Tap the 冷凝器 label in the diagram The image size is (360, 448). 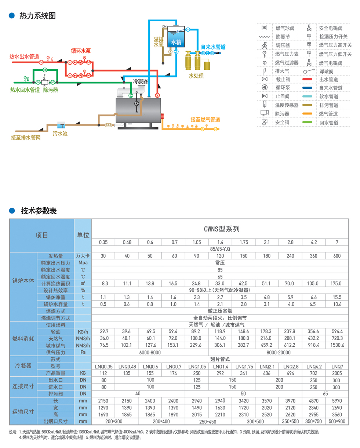(140, 81)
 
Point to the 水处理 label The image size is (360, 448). (196, 76)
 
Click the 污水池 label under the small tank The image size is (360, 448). (60, 134)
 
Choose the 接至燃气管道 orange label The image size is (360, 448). (206, 119)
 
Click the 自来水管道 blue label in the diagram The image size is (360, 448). (213, 47)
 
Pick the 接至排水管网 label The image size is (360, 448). (26, 138)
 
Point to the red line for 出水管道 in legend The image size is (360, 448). (308, 79)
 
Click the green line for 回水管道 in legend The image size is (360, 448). (308, 123)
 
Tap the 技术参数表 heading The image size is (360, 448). (39, 211)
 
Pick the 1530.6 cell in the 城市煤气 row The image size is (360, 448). (337, 345)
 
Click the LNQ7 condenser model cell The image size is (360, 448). (337, 366)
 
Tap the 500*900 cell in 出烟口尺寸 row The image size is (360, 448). (337, 422)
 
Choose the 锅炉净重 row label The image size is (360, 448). (55, 297)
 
